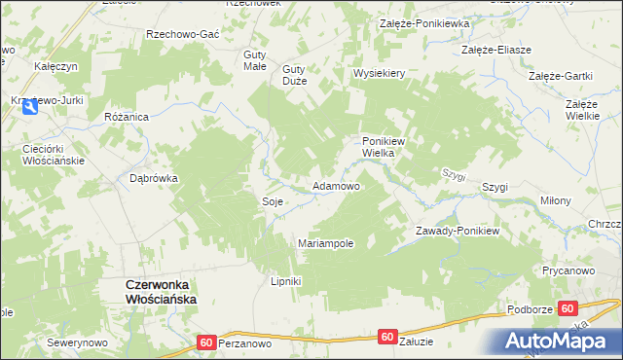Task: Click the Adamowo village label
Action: [x=335, y=185]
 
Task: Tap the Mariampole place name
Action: [x=325, y=243]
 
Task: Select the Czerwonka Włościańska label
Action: [x=160, y=292]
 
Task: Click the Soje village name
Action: [x=272, y=201]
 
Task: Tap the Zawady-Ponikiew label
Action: [x=457, y=231]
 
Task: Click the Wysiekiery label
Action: [x=379, y=74]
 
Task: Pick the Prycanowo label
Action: [x=568, y=270]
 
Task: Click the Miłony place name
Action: [x=555, y=200]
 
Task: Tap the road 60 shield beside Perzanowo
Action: [x=206, y=342]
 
